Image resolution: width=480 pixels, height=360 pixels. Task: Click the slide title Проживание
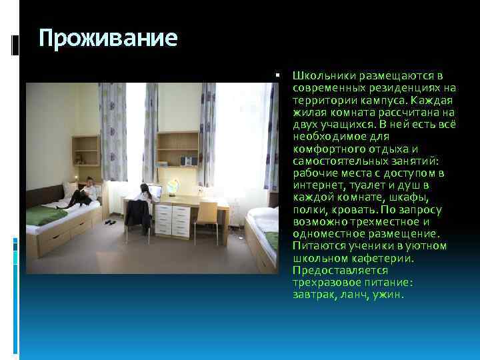click(108, 38)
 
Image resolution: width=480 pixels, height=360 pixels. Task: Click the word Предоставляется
click(330, 270)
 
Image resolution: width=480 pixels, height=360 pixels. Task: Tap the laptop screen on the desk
click(158, 192)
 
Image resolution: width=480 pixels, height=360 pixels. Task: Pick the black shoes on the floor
click(109, 222)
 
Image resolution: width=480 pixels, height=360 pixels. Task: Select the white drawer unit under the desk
click(172, 219)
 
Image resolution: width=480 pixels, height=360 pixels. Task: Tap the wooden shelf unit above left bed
click(86, 151)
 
